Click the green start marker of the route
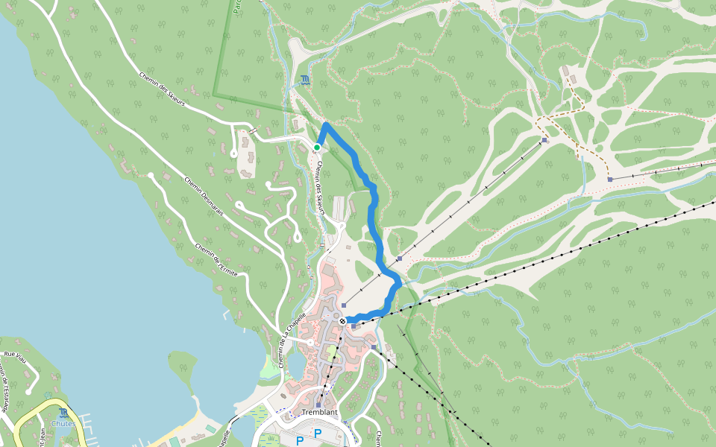[x=317, y=148]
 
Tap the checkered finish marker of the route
[x=342, y=321]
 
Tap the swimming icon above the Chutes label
[x=63, y=412]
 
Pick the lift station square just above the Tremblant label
[x=318, y=405]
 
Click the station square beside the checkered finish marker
[x=354, y=326]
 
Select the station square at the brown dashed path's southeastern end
[x=610, y=180]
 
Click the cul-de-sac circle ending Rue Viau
[x=28, y=390]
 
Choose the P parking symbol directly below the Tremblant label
[x=318, y=433]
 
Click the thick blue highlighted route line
[x=373, y=216]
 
